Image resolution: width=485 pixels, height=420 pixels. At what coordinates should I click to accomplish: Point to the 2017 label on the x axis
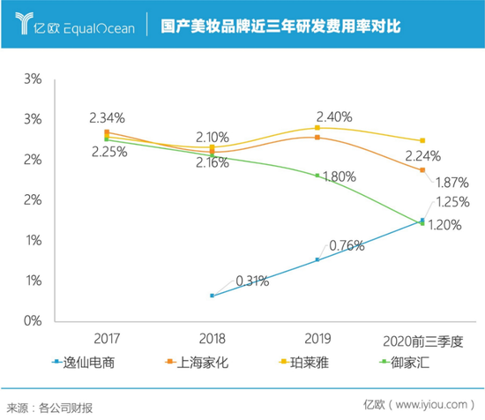107,339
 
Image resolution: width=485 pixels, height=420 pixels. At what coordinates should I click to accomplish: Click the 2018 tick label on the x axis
212,339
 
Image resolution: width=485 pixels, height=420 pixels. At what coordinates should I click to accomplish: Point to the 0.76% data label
346,244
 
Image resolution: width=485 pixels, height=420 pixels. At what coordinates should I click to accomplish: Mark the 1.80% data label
337,176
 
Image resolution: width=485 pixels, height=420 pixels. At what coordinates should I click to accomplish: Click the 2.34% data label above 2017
107,117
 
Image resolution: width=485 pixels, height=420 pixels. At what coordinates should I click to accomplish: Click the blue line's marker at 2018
212,296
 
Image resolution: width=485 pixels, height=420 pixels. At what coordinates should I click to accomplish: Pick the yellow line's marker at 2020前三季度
422,141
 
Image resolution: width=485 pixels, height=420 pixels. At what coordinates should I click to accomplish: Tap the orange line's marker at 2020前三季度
422,169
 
